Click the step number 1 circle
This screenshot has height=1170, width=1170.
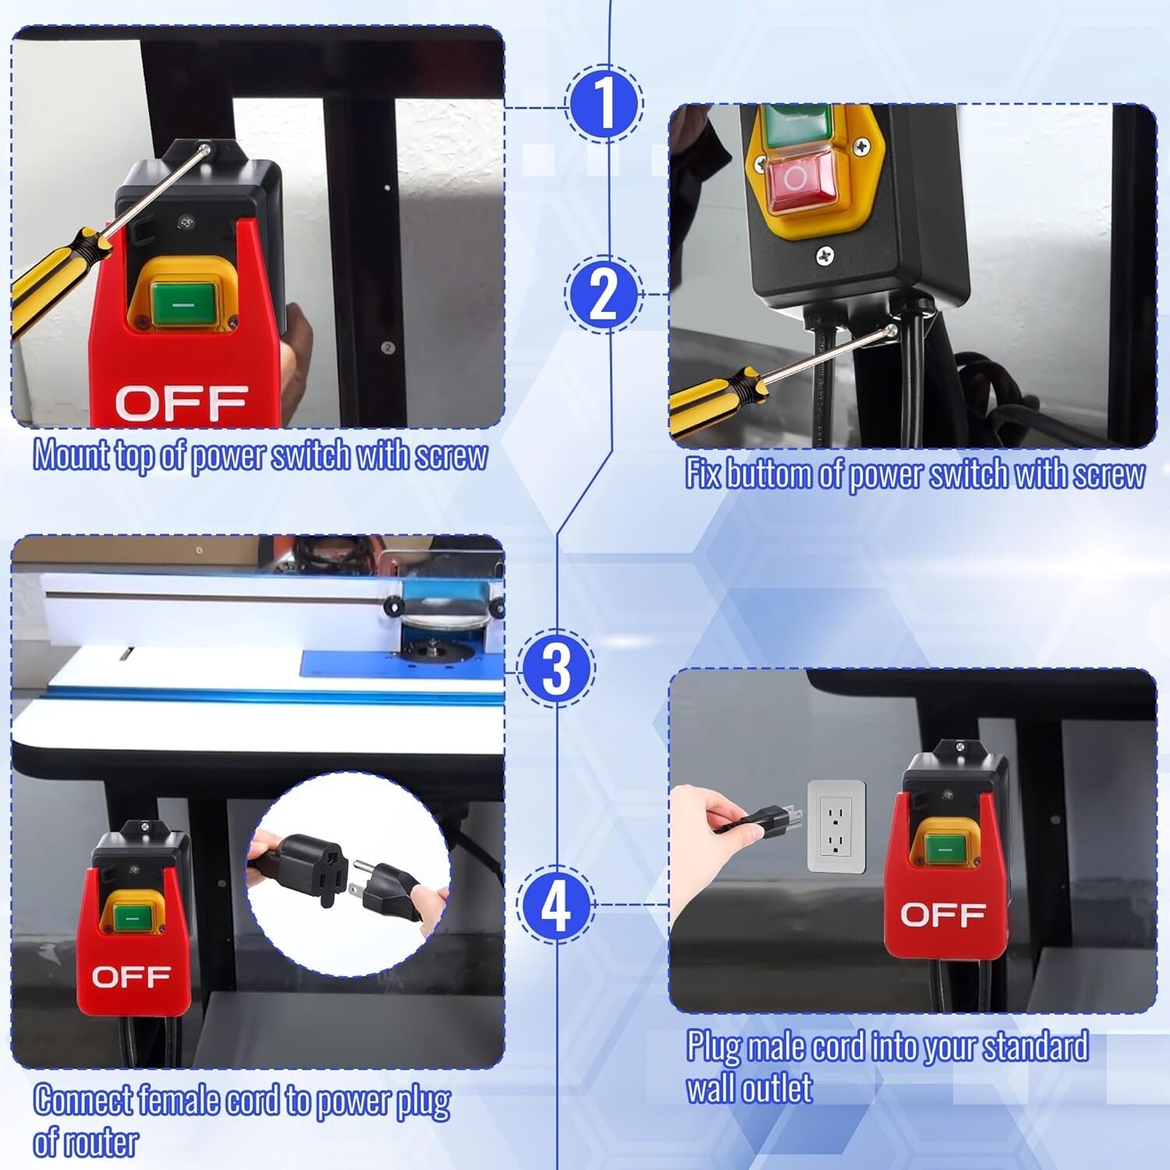604,104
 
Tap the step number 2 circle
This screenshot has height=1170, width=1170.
604,296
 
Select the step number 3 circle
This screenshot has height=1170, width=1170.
556,668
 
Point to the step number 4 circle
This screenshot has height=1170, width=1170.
556,905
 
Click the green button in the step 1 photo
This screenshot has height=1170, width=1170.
183,303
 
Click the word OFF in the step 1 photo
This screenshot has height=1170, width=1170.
181,403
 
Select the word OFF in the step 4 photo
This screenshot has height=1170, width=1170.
942,914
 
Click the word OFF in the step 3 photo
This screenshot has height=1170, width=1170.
131,977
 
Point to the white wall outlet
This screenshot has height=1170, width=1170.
836,826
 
